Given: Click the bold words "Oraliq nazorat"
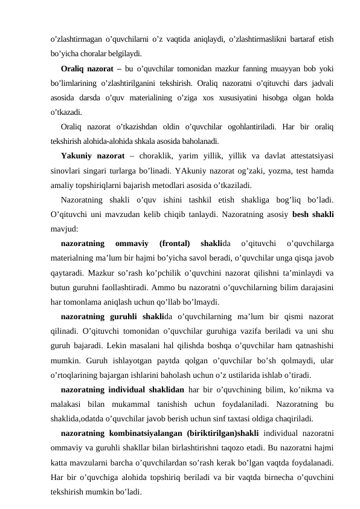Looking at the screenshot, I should tap(88, 66).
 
